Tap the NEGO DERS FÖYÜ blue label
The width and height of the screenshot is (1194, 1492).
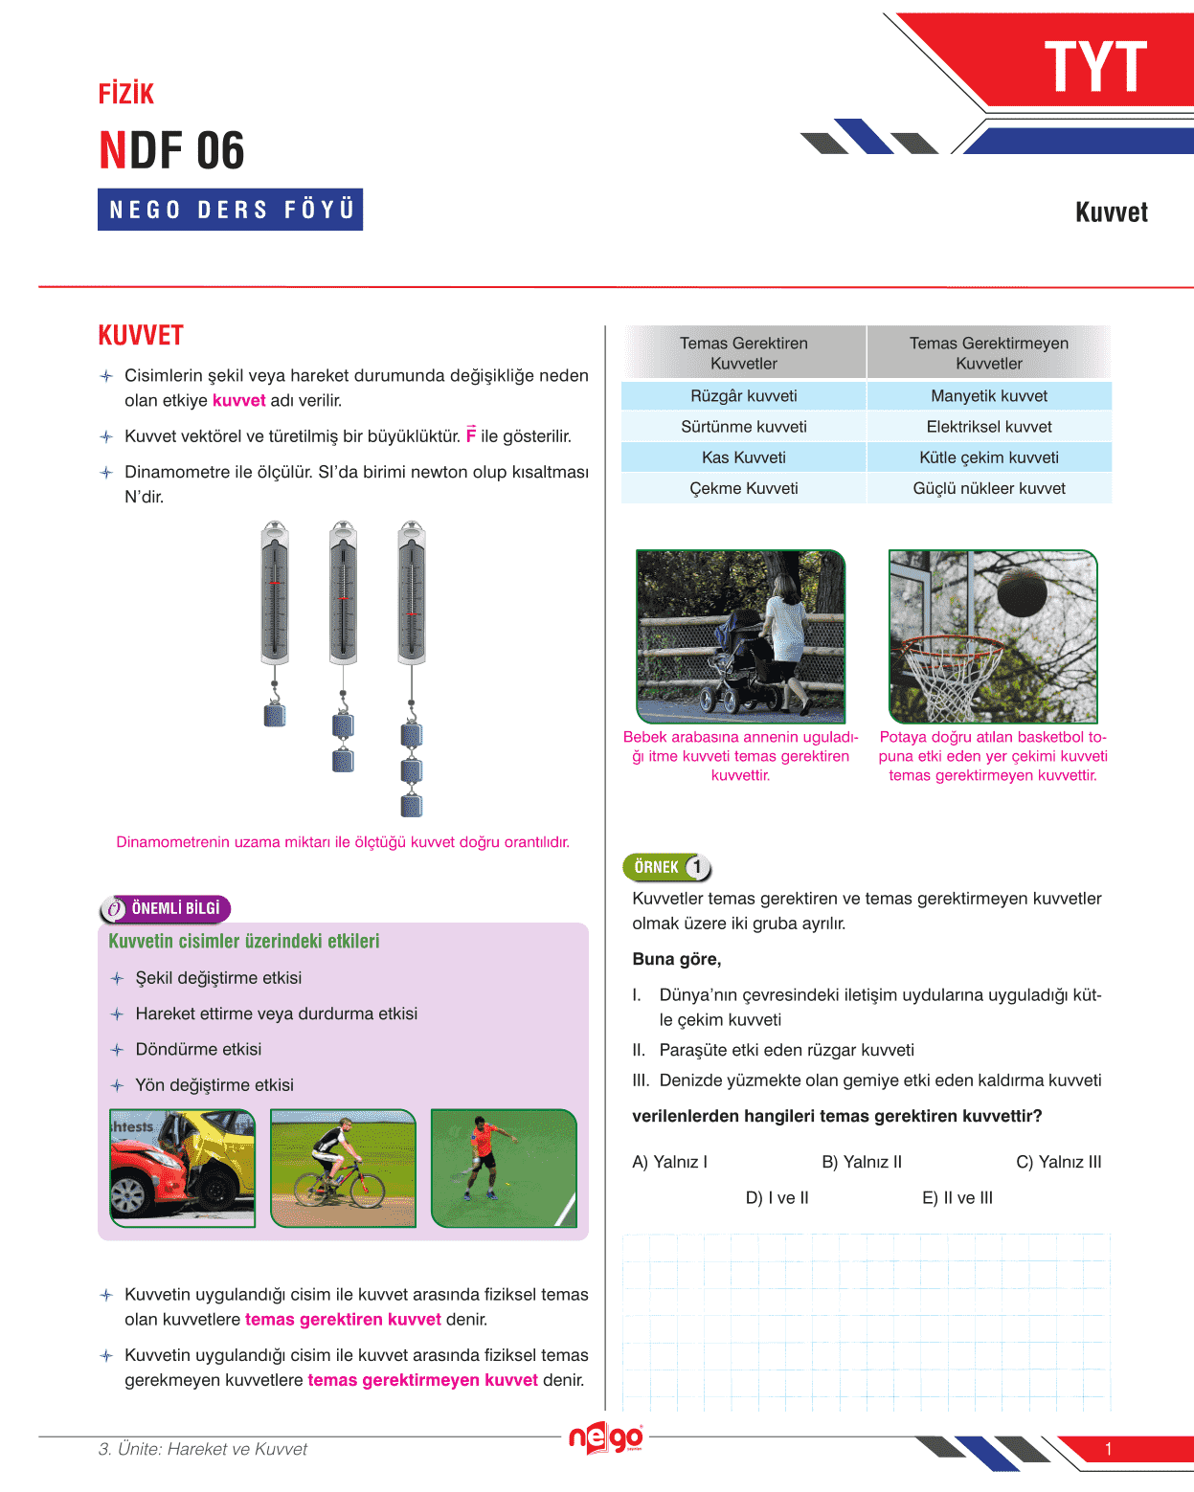point(231,210)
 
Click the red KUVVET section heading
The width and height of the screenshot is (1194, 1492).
point(141,336)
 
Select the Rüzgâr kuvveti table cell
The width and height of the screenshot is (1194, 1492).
point(743,396)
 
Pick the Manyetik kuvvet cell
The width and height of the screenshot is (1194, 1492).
point(988,396)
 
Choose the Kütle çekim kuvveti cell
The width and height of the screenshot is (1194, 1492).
point(988,457)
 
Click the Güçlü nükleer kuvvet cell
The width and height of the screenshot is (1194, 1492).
point(988,488)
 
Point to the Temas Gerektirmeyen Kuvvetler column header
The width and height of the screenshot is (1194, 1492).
point(988,353)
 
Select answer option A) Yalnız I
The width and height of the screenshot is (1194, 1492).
point(669,1162)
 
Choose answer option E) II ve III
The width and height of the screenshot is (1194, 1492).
point(957,1197)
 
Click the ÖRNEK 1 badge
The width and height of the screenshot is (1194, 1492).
point(667,867)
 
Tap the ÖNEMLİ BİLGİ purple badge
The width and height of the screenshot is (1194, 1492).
point(165,908)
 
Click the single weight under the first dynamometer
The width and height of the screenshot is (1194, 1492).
point(275,714)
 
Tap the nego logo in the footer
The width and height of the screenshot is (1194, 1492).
point(606,1438)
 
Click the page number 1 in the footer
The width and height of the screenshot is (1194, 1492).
point(1108,1449)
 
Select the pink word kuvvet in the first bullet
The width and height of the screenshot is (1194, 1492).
point(238,401)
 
